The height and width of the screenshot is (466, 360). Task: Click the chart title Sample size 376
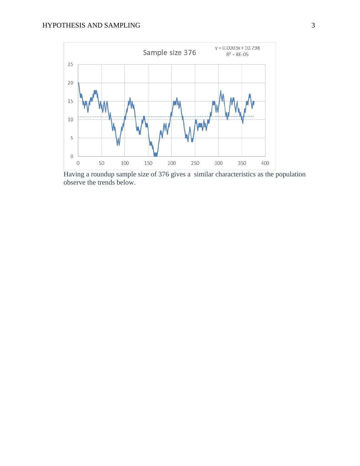[169, 53]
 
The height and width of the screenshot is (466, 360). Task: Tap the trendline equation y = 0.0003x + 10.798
[237, 48]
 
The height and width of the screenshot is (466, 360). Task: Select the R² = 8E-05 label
[237, 54]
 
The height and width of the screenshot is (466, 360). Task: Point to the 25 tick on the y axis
[70, 64]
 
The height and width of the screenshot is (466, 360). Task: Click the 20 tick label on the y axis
[70, 83]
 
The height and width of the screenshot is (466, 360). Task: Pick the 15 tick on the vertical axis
[70, 101]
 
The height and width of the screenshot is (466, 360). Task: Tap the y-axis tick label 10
[70, 120]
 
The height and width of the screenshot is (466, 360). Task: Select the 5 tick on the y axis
[71, 138]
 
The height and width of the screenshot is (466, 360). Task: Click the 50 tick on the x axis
[101, 163]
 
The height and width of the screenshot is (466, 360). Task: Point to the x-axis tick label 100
[125, 163]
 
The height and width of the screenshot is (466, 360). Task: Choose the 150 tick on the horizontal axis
[148, 163]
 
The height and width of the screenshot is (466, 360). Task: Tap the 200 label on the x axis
[172, 163]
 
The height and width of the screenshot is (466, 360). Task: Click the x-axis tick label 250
[195, 163]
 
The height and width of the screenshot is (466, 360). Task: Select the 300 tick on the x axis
[218, 163]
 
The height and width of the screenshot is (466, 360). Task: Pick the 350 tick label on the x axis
[242, 163]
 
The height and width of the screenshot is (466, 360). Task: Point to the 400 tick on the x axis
[265, 163]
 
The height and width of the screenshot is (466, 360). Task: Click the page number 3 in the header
[313, 26]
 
